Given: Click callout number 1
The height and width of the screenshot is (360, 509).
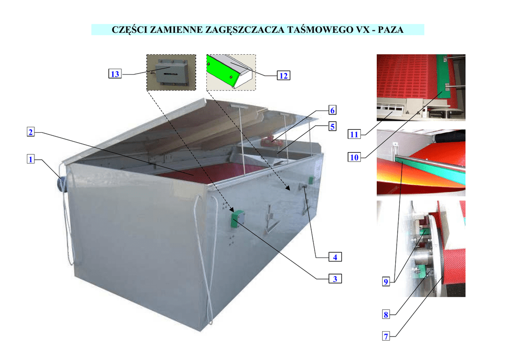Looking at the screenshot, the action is (x=31, y=160).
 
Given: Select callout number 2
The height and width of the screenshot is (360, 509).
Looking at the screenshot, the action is (x=31, y=132).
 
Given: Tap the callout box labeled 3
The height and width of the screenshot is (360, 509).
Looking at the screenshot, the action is (x=336, y=279).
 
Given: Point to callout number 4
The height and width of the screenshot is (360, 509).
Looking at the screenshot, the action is (x=336, y=257).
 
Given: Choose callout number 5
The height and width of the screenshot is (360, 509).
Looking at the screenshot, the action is (x=333, y=126).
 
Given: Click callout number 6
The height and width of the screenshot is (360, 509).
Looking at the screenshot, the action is (x=333, y=109).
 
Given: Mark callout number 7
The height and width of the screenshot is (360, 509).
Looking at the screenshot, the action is (x=385, y=337).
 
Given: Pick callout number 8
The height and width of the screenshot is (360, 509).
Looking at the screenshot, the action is (x=385, y=314).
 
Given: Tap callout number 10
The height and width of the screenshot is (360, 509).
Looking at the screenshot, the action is (x=354, y=158).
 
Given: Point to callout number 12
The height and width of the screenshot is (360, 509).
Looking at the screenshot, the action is (x=283, y=76).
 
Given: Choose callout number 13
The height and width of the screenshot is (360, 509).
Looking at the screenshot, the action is (x=115, y=74).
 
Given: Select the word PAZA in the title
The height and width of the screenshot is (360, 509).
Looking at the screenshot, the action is (x=391, y=30).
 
